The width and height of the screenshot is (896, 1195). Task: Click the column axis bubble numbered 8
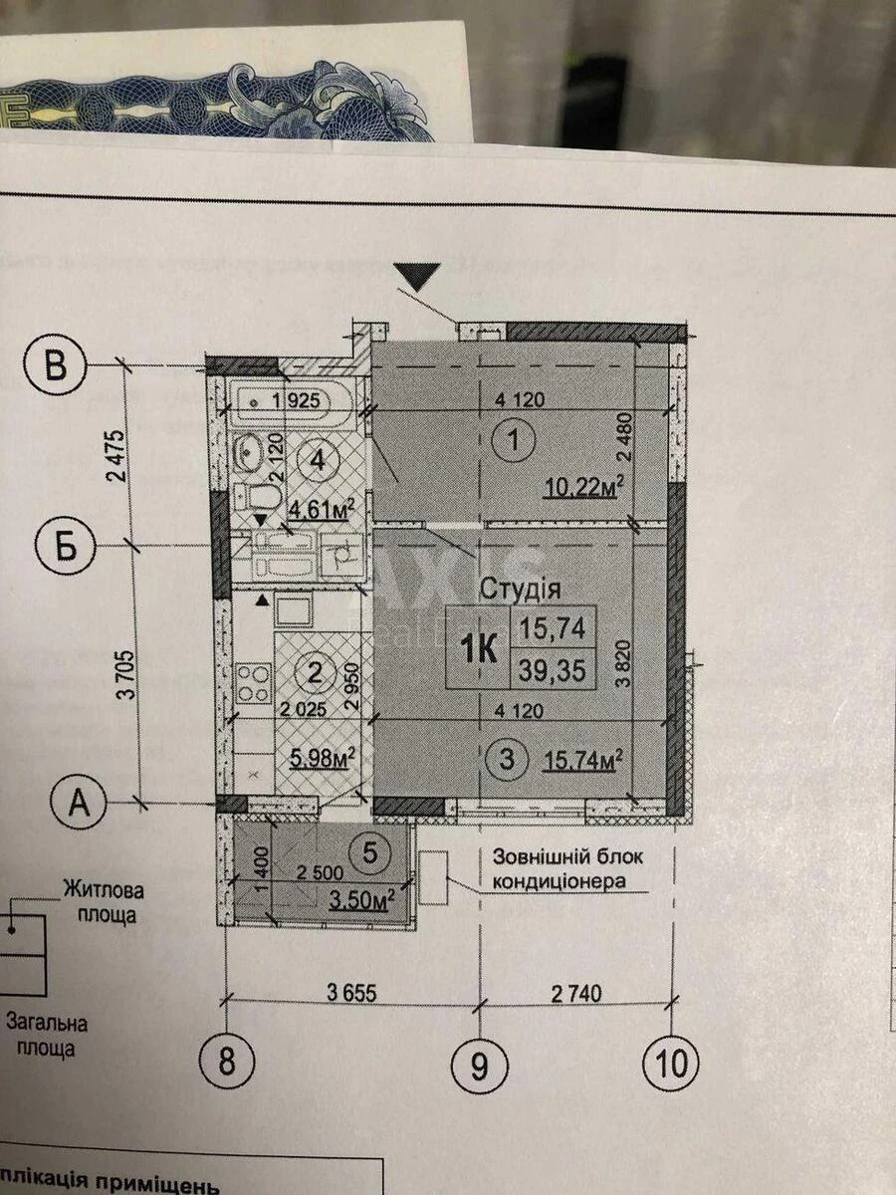coord(227,1063)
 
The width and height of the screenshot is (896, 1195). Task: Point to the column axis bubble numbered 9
coord(480,1066)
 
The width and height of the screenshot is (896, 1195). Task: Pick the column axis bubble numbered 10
coord(672,1064)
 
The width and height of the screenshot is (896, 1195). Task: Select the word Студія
coord(520,590)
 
